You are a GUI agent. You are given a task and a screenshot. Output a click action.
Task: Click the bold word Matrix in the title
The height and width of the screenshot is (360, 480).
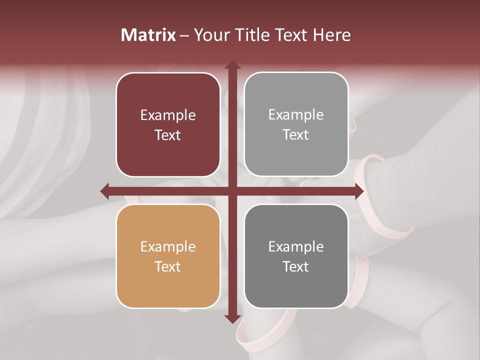(148, 35)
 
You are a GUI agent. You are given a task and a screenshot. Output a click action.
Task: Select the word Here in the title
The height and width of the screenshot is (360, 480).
(331, 35)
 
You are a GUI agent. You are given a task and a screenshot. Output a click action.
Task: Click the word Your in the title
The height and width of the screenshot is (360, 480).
(211, 35)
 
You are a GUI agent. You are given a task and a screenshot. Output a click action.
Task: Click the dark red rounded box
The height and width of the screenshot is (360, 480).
(168, 125)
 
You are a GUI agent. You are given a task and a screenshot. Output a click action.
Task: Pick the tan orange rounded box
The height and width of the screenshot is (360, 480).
(168, 256)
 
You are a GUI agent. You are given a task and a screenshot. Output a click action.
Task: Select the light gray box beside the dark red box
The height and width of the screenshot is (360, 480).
(296, 124)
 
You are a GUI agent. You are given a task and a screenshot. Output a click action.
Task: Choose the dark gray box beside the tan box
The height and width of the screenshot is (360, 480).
(296, 256)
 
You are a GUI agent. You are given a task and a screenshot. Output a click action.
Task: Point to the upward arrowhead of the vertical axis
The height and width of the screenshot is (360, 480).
(232, 65)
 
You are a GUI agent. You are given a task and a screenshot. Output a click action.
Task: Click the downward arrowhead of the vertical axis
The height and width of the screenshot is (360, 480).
(232, 319)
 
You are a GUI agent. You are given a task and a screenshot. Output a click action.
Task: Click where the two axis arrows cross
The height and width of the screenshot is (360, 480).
(232, 191)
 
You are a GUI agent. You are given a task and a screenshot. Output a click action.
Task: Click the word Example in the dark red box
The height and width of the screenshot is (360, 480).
(168, 115)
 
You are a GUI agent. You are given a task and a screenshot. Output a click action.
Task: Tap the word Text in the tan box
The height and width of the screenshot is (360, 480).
(168, 266)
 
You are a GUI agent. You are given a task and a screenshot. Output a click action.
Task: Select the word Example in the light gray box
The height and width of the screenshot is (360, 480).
(296, 115)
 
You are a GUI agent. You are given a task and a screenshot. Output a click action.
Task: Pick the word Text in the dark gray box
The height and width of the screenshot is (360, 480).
(296, 266)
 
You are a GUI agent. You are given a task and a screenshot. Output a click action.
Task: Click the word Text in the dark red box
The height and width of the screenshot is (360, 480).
(168, 135)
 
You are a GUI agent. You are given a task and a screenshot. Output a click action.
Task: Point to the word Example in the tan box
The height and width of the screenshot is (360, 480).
(168, 247)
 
